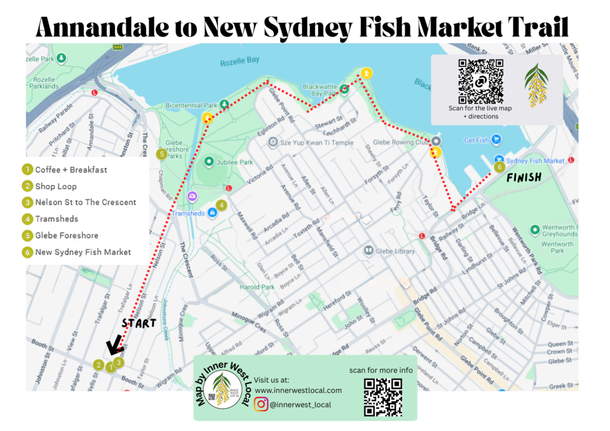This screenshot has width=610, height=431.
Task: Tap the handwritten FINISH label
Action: coord(524,177)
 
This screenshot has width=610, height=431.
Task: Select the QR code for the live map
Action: coord(480,81)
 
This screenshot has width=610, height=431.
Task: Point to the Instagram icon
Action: coord(261,404)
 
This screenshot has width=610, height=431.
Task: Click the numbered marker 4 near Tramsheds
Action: coord(222,205)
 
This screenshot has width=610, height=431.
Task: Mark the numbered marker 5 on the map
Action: coord(161,154)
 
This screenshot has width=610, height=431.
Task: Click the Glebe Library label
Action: coord(394,251)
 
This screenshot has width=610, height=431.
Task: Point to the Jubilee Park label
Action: coord(237,162)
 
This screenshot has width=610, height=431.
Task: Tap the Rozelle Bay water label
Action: coord(239,61)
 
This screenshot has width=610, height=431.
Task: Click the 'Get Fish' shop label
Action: coord(477,140)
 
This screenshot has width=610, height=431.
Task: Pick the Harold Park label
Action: coord(257,287)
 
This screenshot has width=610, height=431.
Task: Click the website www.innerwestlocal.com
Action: coord(298,390)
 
